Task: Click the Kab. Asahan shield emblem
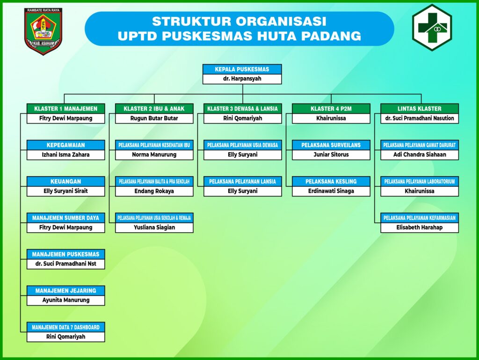coord(44,31)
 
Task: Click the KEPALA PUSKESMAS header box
coord(242,69)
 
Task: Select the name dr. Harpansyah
coord(242,79)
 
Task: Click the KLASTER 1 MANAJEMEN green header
coord(65,109)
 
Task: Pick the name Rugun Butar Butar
coord(154,118)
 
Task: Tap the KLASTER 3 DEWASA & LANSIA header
coord(242,109)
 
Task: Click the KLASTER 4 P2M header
coord(331,109)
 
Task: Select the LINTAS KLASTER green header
coord(419,109)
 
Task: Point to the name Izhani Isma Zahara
coord(65,154)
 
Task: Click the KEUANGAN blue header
coord(65,181)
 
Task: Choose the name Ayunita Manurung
coord(65,300)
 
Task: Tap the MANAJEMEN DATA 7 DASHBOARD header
coord(65,327)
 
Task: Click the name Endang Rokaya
coord(154,191)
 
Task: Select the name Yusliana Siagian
coord(154,228)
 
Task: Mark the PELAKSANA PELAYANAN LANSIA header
coord(242,181)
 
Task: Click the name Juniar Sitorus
coord(331,154)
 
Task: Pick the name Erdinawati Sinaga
coord(331,191)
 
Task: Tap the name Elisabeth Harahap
coord(419,228)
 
